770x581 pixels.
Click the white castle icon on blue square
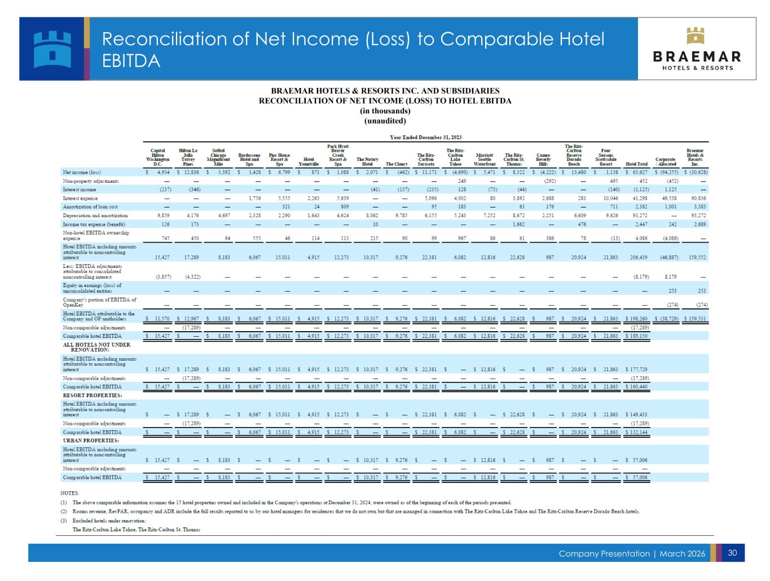(52, 49)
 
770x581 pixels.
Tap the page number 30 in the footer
(733, 553)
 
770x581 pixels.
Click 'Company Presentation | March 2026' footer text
(632, 554)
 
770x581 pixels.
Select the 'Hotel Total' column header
(636, 164)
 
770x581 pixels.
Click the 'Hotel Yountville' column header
(309, 162)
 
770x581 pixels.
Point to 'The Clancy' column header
(397, 164)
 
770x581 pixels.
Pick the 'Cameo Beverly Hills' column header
(543, 160)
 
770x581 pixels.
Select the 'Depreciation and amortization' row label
(95, 215)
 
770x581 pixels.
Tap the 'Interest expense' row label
(80, 199)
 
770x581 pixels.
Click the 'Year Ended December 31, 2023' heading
(426, 137)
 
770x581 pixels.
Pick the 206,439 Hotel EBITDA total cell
(638, 257)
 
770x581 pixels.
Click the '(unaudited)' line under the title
(385, 121)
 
